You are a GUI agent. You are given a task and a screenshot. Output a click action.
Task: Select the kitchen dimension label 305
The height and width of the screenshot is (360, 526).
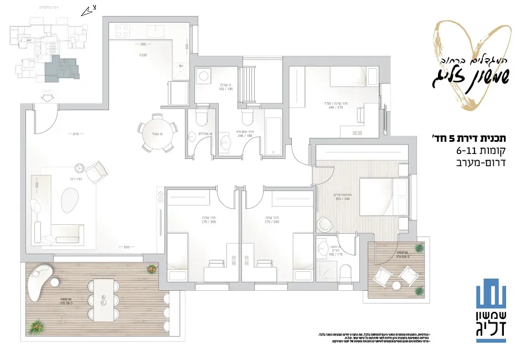click(x=143, y=44)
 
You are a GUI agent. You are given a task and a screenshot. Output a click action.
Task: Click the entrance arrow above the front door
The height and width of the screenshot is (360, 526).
click(x=48, y=97)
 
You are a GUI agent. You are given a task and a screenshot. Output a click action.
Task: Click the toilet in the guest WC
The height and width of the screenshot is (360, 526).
click(x=202, y=117)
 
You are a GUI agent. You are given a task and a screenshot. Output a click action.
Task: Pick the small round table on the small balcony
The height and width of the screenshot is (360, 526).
click(x=396, y=286)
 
